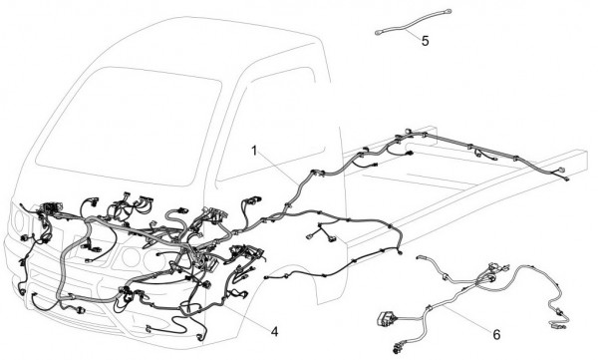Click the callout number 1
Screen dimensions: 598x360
pos(254,152)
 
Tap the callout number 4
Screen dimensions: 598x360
pos(274,332)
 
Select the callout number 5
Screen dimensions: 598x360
pos(426,41)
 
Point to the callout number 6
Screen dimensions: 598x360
pos(496,335)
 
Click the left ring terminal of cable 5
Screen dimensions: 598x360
pos(379,33)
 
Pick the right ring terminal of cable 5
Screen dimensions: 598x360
pos(448,11)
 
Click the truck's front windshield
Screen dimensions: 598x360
pos(129,126)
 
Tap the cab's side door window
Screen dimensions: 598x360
pos(271,125)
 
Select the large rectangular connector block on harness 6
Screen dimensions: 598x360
pos(385,319)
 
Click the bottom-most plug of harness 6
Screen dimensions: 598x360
pos(397,348)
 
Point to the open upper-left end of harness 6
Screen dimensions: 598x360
pos(420,257)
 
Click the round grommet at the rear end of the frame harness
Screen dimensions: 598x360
pos(560,171)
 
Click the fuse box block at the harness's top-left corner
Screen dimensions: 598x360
pos(49,208)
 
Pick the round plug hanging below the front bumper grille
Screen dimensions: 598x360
pos(81,310)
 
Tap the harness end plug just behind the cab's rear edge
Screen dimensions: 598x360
pos(400,252)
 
